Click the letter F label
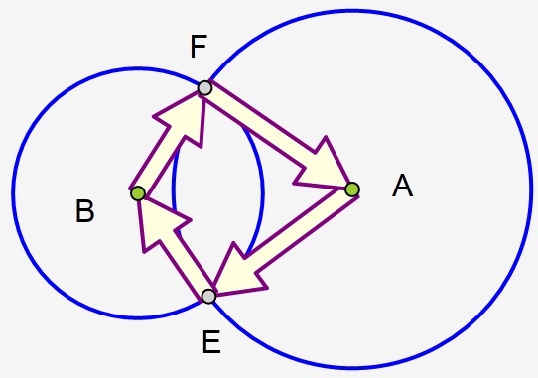pos(199,46)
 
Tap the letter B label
pos(85,211)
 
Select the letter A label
pos(402,186)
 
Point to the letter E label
pos(210,343)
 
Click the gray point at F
pos(204,87)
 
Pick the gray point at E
pos(208,296)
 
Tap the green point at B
pos(138,192)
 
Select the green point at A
pos(351,189)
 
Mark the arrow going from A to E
pos(288,238)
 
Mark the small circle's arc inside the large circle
pos(262,189)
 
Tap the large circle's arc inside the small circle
pos(174,189)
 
